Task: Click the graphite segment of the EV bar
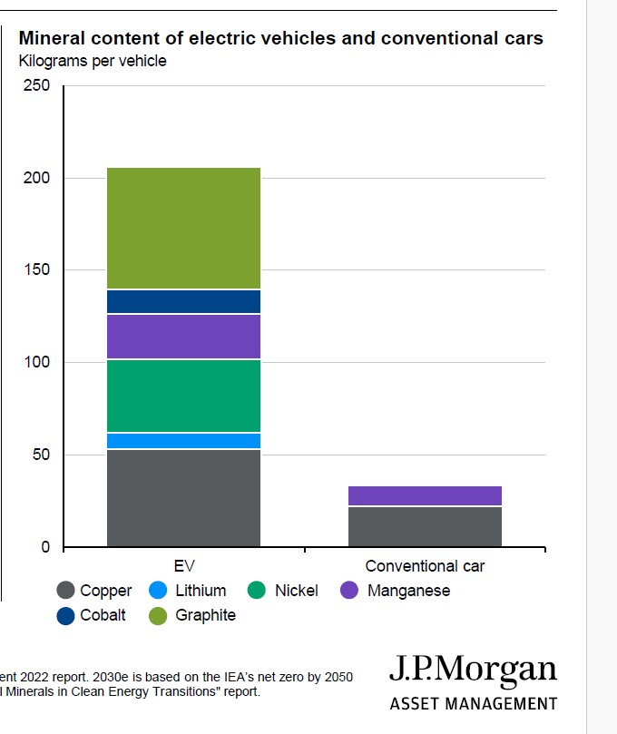click(183, 228)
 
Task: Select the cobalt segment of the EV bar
click(183, 301)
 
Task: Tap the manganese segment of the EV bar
click(183, 337)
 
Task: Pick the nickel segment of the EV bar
click(183, 396)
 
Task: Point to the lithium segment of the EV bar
click(183, 441)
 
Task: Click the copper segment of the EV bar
click(183, 498)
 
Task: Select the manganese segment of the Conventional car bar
click(425, 495)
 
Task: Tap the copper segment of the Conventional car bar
click(425, 526)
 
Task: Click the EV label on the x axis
click(184, 566)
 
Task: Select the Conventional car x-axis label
click(425, 566)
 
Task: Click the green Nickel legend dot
click(258, 591)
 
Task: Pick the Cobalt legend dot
click(65, 615)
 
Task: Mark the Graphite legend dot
click(158, 615)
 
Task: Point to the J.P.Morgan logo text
click(473, 671)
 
